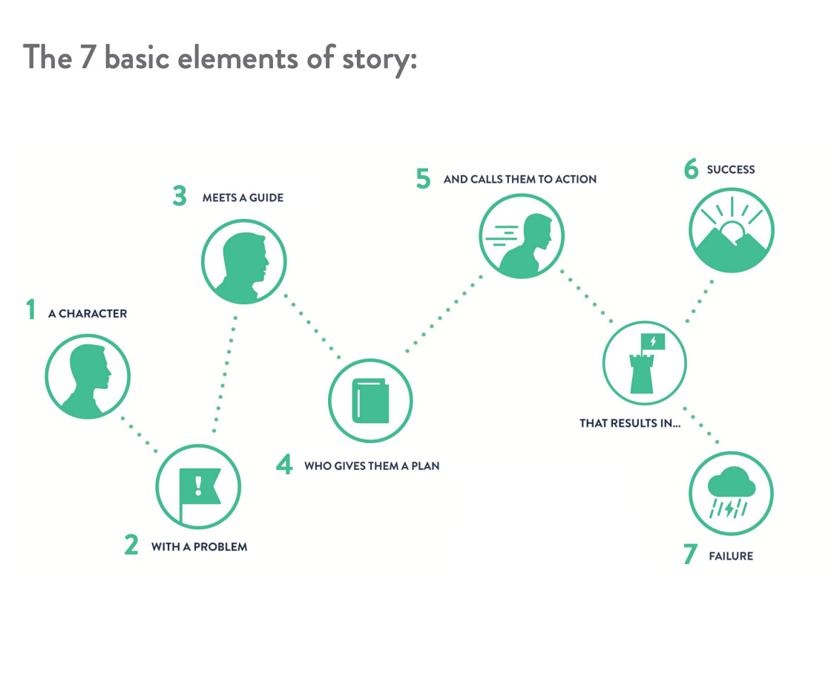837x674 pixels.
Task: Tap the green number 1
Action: pos(30,310)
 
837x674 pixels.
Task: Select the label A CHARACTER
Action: pos(88,314)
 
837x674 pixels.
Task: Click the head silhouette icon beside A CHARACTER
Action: pos(88,376)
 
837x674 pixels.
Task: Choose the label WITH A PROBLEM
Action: pos(199,547)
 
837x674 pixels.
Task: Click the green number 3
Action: pos(179,197)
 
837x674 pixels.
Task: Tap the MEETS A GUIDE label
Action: pos(243,198)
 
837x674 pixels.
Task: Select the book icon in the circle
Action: pos(370,401)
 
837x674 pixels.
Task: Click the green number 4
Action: pos(284,465)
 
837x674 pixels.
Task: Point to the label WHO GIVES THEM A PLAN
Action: pos(372,467)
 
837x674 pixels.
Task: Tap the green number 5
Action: pos(423,179)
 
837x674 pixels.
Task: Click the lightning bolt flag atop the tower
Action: pos(653,341)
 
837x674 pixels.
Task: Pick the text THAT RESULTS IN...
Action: pos(630,424)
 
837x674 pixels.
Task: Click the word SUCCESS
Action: pos(731,170)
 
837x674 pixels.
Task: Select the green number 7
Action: pos(690,554)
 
